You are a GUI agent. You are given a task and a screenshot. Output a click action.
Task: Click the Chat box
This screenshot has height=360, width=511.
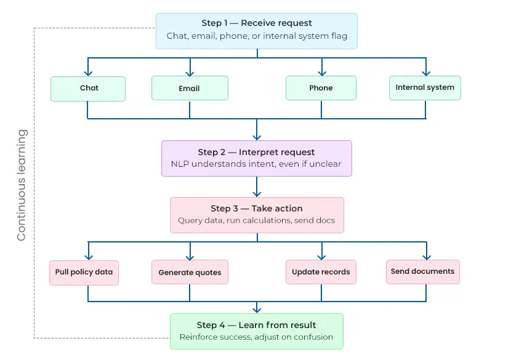point(88,88)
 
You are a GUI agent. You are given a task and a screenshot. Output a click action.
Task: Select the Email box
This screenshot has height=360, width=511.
point(190,88)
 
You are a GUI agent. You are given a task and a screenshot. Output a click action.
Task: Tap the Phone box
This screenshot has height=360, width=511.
point(321,88)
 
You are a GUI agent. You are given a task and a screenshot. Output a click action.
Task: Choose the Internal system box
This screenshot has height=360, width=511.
point(425,87)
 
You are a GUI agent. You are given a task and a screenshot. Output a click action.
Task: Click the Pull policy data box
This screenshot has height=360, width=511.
point(84,272)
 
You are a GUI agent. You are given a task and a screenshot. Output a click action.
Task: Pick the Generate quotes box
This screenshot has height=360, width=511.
point(190,272)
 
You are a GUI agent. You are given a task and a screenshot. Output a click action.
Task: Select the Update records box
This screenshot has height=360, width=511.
point(321,272)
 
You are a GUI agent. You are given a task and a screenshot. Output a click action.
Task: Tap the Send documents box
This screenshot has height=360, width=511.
point(422,271)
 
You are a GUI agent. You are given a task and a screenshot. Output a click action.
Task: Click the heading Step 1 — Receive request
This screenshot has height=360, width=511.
point(257,23)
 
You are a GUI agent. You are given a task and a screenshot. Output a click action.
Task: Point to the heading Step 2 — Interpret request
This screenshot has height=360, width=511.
point(256,152)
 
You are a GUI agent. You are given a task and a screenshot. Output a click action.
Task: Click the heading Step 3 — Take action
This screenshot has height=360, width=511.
point(257,209)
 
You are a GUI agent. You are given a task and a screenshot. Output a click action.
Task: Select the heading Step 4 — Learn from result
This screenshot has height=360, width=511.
point(256,325)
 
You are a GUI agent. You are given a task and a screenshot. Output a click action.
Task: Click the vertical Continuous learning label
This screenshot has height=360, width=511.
point(22,185)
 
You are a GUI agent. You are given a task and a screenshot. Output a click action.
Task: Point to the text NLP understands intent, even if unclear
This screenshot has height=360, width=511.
point(256,164)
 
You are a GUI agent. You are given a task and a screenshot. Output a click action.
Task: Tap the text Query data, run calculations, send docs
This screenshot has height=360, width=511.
point(256,220)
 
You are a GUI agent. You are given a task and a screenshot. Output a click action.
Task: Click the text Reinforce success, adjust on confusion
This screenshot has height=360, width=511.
point(256,337)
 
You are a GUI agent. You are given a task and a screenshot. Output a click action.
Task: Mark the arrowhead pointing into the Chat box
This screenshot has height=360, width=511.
point(88,73)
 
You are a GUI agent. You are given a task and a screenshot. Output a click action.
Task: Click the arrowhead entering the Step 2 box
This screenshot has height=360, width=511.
point(257,137)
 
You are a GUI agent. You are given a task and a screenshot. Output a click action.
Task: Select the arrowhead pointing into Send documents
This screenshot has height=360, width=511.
point(425,256)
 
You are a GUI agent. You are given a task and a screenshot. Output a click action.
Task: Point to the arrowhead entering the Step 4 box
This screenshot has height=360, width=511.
point(257,310)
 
